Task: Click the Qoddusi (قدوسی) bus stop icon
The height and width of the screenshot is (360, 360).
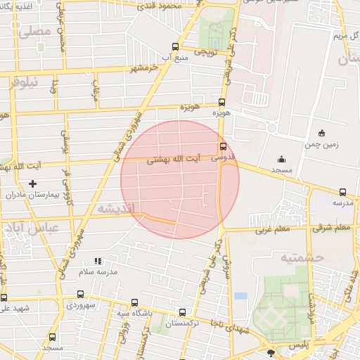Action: (223, 147)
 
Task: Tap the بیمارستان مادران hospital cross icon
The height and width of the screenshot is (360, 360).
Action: (32, 184)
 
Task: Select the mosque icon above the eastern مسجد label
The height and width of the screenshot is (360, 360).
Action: (281, 159)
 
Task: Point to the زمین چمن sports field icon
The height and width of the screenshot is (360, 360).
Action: (322, 133)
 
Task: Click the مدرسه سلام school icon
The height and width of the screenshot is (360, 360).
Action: (98, 261)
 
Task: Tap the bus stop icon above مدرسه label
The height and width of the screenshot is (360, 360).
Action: (342, 192)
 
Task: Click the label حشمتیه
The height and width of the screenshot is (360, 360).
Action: (302, 258)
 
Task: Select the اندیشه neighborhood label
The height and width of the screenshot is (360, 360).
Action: (115, 209)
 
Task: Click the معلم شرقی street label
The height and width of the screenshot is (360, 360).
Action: (332, 228)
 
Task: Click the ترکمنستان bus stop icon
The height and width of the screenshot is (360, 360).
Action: (183, 313)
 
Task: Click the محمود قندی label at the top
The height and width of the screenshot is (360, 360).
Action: (180, 5)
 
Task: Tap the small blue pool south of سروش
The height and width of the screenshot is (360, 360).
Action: (241, 296)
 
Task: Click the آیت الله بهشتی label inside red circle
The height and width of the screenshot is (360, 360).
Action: (173, 160)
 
